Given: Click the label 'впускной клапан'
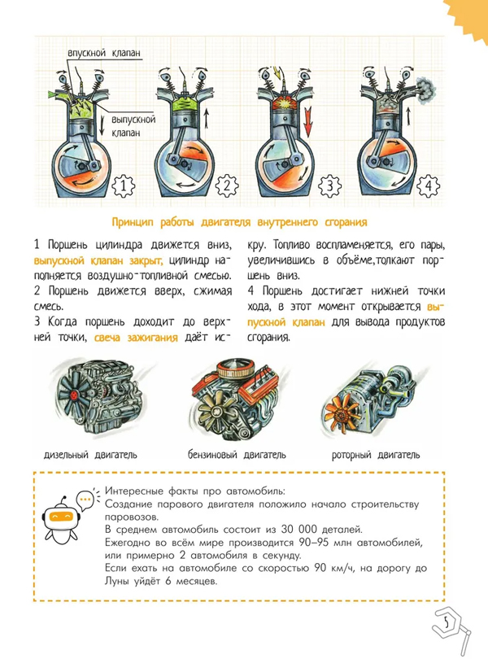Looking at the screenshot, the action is [104, 53].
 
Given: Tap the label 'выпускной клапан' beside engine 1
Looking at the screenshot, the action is [133, 126].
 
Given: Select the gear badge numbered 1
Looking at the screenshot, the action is [123, 185].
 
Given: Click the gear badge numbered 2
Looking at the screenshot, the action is [227, 185].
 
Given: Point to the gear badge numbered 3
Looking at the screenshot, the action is [329, 185].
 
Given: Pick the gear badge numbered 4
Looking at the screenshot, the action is [429, 185].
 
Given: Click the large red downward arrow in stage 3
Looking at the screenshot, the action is [308, 121].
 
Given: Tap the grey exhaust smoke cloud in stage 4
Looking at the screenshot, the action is [425, 88].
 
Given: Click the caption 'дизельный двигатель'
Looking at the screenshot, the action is [90, 455].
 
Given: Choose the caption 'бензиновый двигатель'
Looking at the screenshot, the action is [237, 455].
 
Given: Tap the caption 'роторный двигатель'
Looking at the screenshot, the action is [376, 455].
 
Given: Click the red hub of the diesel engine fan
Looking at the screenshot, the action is [74, 395].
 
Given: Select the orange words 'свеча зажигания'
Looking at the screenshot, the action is [136, 338].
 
